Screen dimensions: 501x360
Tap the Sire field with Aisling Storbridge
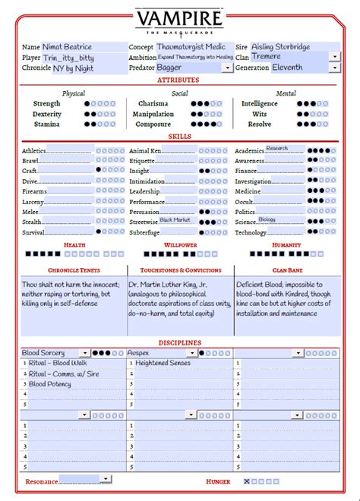click(x=289, y=47)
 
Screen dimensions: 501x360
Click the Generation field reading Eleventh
click(x=293, y=68)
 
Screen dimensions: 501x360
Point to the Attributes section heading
click(x=179, y=80)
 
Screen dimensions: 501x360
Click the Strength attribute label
click(x=47, y=103)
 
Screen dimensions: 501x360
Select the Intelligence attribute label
click(x=259, y=103)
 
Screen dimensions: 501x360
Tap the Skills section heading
click(x=179, y=137)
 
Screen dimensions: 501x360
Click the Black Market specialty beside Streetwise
click(x=175, y=220)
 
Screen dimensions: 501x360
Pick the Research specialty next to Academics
click(x=277, y=149)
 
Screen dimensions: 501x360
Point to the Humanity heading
click(x=286, y=245)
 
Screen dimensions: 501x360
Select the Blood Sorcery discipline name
click(x=43, y=353)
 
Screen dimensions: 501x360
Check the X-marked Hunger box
click(x=247, y=481)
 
